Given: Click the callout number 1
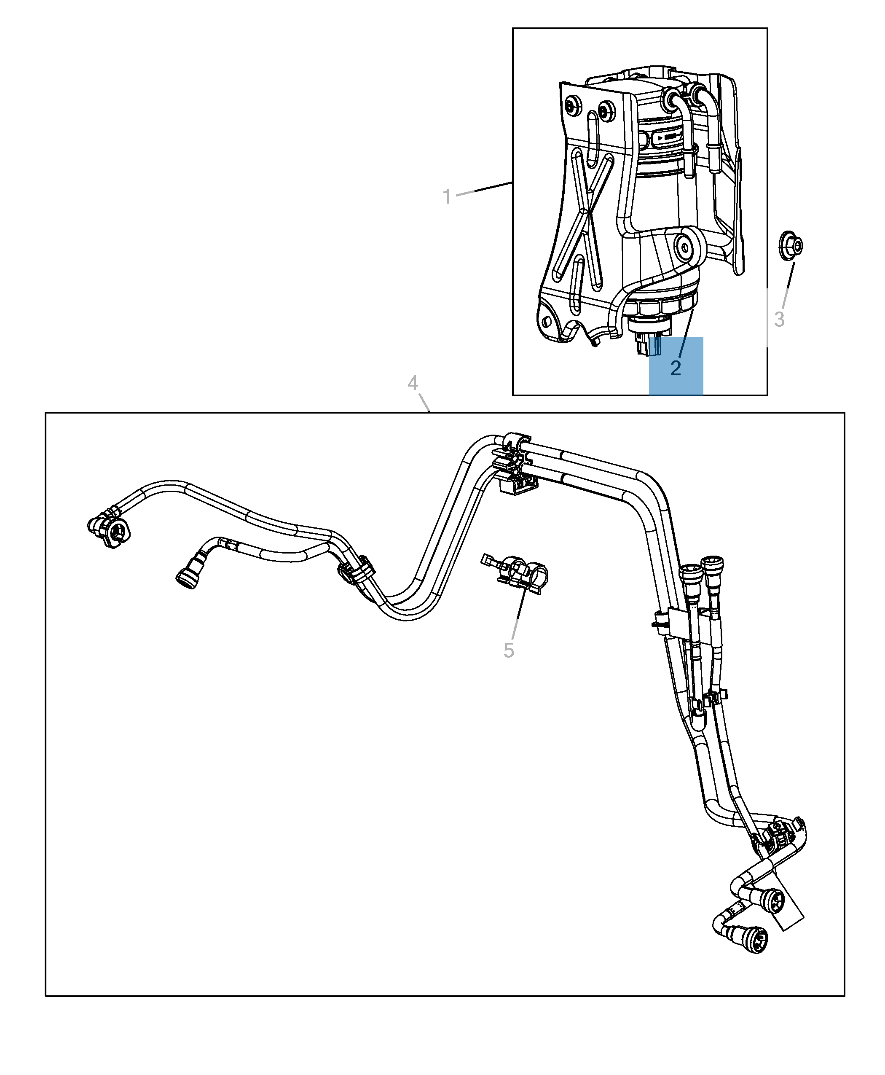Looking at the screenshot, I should point(447,197).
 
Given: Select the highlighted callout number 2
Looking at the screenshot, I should point(676,368).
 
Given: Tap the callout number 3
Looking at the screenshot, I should point(779,320).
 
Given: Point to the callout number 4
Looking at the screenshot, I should point(413,382).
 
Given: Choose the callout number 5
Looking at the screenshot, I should point(508,651).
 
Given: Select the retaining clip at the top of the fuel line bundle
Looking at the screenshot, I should point(515,462).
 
